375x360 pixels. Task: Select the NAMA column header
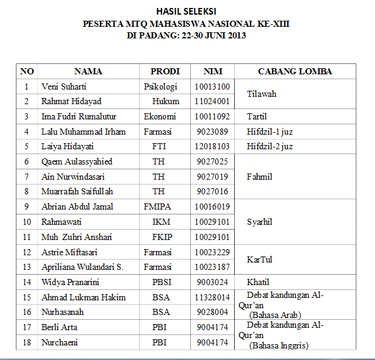click(88, 71)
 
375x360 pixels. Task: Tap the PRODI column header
click(165, 71)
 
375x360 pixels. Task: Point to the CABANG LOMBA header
click(295, 71)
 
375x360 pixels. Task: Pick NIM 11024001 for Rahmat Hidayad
click(212, 101)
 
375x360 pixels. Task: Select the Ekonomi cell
click(160, 116)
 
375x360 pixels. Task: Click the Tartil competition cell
click(257, 116)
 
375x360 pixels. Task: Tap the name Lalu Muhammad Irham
click(83, 132)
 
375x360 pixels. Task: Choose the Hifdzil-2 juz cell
click(270, 146)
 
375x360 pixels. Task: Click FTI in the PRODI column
click(159, 146)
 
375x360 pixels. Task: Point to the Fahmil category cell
click(259, 177)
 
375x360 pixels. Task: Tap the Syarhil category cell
click(259, 222)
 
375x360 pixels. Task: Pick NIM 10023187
click(212, 267)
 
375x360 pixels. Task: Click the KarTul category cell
click(259, 259)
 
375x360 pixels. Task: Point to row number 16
click(26, 312)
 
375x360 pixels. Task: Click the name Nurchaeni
click(59, 342)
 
